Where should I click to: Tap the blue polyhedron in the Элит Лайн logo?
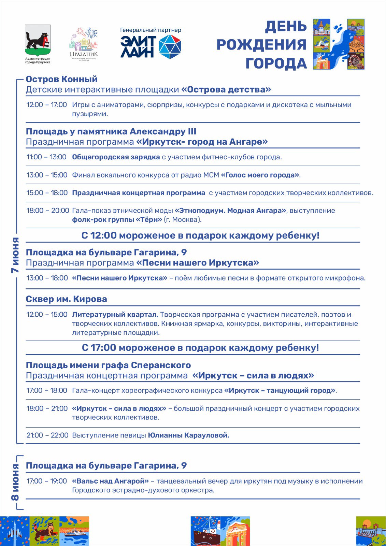[x=170, y=46]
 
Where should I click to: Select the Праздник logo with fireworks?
[x=84, y=43]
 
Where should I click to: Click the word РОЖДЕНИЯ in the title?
[x=261, y=45]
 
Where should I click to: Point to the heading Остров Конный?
[x=62, y=79]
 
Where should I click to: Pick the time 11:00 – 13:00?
[x=46, y=157]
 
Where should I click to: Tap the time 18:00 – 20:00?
[x=48, y=211]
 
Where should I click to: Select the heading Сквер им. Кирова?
[x=67, y=299]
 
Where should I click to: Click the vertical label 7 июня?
[x=15, y=255]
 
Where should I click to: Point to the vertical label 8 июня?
[x=15, y=482]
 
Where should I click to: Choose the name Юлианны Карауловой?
[x=188, y=435]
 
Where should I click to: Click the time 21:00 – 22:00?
[x=47, y=435]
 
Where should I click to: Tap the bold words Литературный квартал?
[x=115, y=315]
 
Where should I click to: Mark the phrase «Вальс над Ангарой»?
[x=110, y=481]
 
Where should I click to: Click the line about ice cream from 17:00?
[x=200, y=348]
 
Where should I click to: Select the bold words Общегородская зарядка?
[x=116, y=157]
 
